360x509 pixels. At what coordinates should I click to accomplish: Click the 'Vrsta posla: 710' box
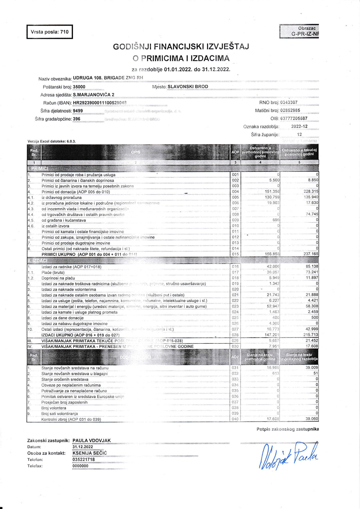pos(49,32)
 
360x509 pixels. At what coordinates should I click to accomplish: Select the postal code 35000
pos(79,87)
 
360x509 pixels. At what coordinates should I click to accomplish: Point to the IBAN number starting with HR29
pos(100,103)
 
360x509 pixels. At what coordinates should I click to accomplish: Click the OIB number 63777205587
pos(294,118)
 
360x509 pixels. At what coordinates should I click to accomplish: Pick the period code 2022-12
pos(299,127)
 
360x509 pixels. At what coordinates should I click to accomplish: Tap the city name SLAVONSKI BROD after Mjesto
pos(188,87)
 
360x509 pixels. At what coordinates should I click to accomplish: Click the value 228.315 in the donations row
pos(311,191)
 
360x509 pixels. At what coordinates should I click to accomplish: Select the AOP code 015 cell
pos(235,254)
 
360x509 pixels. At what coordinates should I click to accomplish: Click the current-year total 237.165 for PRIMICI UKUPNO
pos(311,254)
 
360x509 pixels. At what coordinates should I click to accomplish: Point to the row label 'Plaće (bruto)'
pos(53,272)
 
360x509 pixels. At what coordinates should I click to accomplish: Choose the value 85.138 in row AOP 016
pos(312,266)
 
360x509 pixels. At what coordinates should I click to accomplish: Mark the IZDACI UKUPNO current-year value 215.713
pos(311,335)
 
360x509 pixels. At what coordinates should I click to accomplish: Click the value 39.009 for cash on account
pos(312,368)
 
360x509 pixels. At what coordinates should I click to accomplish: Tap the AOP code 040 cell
pos(235,419)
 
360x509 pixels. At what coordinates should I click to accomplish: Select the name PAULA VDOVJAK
pos(91,441)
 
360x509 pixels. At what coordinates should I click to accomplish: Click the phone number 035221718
pos(84,460)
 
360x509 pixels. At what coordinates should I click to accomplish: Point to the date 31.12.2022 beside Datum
pos(83,447)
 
